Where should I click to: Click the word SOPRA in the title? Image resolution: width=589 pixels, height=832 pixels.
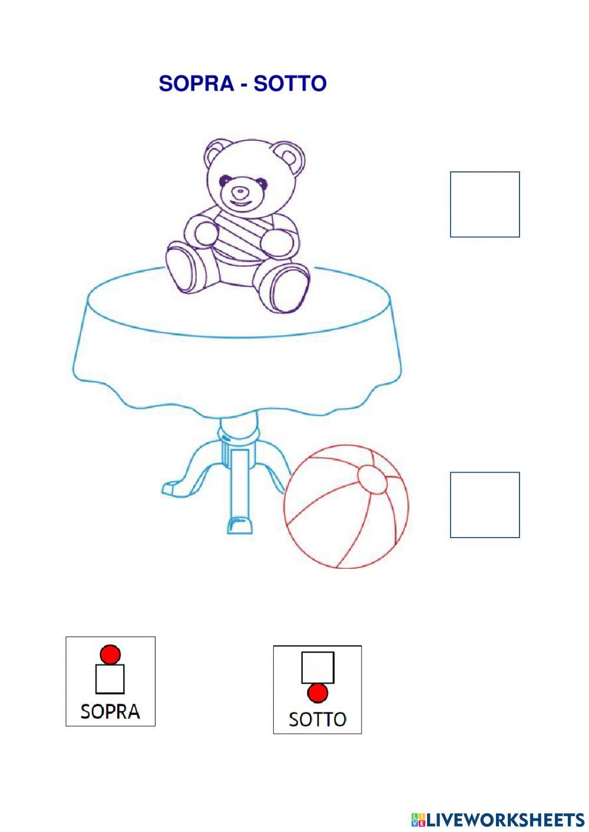coord(196,84)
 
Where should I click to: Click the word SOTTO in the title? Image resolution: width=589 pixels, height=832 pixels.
coord(290,84)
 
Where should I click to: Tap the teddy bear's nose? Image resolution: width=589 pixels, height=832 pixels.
coord(239,192)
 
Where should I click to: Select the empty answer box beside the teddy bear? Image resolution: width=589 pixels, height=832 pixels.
coord(484,204)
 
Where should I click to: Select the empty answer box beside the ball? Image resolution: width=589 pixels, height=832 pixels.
coord(484,505)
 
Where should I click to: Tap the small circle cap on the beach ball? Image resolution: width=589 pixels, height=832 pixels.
coord(372,479)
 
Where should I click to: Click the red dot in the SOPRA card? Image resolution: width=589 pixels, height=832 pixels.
coord(110,654)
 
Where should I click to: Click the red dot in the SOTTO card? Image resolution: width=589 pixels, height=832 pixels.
coord(317,694)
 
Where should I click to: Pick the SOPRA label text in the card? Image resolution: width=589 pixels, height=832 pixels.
coord(110,711)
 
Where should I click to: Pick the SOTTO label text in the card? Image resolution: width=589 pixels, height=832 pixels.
coord(317,719)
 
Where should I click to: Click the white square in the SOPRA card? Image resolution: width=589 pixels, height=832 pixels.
coord(110,679)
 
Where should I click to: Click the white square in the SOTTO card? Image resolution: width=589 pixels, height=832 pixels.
coord(317,667)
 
